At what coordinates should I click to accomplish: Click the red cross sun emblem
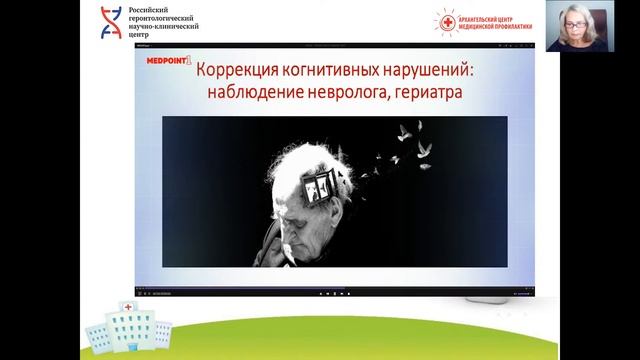(445, 21)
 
